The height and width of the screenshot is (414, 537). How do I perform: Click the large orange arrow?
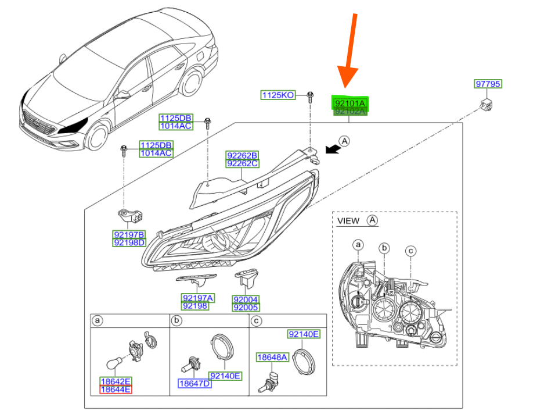pyautogui.click(x=350, y=58)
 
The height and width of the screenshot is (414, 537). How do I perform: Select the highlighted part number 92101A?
pyautogui.click(x=350, y=102)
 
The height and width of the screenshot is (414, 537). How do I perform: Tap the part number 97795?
pyautogui.click(x=488, y=84)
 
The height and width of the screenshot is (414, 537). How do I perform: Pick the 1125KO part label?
pyautogui.click(x=277, y=95)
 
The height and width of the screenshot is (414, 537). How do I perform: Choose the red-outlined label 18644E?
pyautogui.click(x=115, y=390)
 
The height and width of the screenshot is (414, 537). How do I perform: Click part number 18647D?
pyautogui.click(x=194, y=384)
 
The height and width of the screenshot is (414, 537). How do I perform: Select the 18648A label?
pyautogui.click(x=272, y=357)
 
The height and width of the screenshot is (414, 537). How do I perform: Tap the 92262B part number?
pyautogui.click(x=242, y=155)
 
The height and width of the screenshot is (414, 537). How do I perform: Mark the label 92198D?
pyautogui.click(x=129, y=242)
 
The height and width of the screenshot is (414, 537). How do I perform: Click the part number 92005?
pyautogui.click(x=246, y=307)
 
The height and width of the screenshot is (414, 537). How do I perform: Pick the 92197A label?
pyautogui.click(x=197, y=298)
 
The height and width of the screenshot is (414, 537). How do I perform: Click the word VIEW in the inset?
pyautogui.click(x=348, y=221)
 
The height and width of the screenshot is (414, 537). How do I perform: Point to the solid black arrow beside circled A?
pyautogui.click(x=331, y=149)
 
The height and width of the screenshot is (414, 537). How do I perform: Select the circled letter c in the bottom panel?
pyautogui.click(x=256, y=320)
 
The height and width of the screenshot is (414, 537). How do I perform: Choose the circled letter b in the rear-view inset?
pyautogui.click(x=383, y=249)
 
